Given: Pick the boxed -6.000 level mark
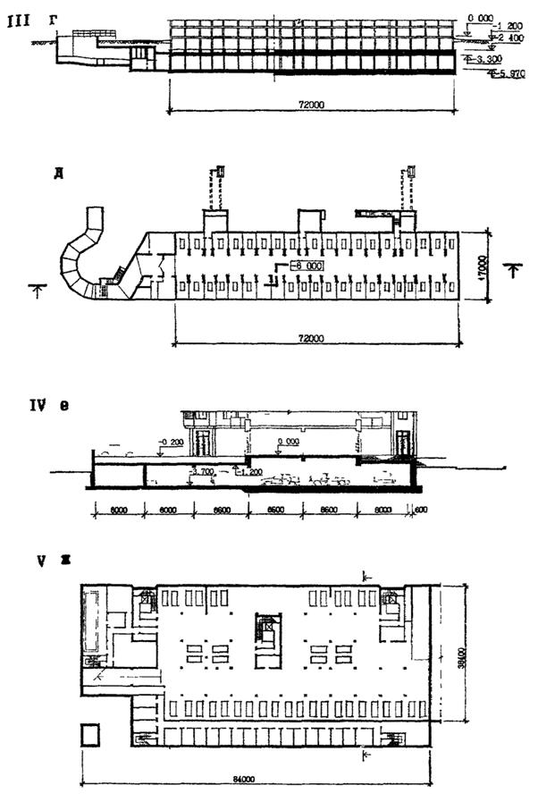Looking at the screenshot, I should [306, 266].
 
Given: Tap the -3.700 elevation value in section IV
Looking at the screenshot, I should [200, 470].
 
